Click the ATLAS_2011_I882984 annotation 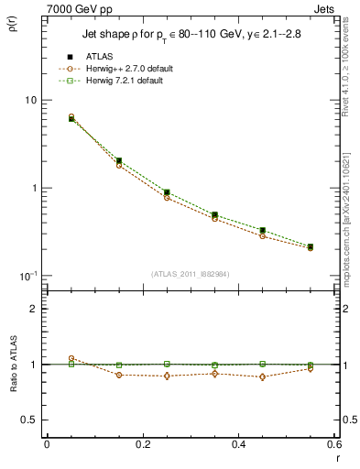(x=191, y=274)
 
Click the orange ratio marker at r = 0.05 (x=71, y=358)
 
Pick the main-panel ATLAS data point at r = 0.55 (x=311, y=246)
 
